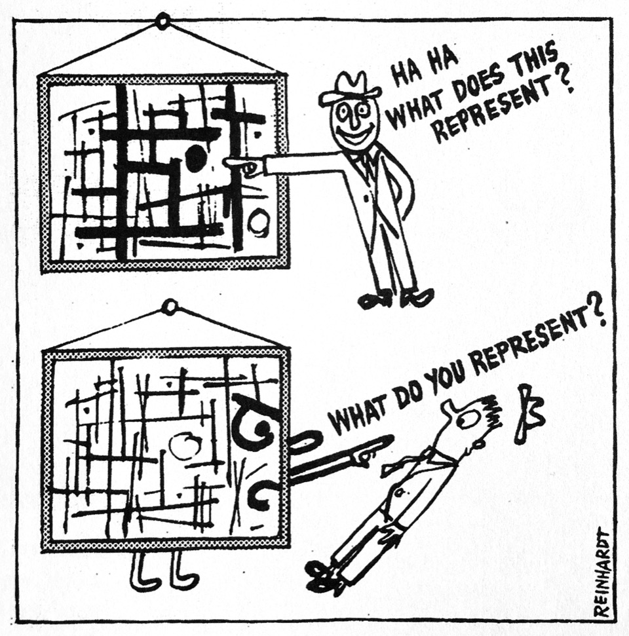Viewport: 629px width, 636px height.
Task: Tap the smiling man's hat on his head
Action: point(349,87)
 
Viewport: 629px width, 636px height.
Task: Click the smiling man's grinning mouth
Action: point(356,136)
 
